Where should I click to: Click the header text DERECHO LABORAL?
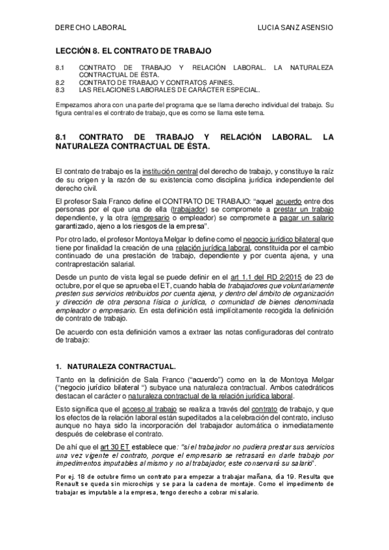(x=89, y=28)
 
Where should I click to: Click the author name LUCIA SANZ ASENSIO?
(x=295, y=28)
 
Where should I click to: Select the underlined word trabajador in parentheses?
(x=192, y=211)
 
